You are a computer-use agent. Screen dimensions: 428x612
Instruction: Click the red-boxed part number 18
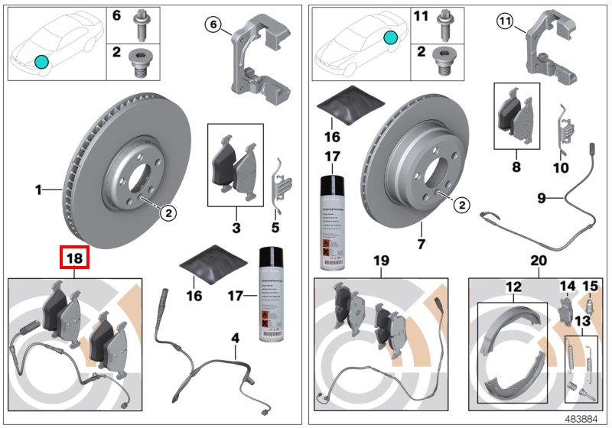pyautogui.click(x=75, y=258)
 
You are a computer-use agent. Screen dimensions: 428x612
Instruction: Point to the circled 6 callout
pyautogui.click(x=214, y=25)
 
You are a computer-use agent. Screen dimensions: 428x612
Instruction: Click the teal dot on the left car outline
pyautogui.click(x=41, y=61)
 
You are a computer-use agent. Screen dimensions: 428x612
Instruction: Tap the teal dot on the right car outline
pyautogui.click(x=391, y=37)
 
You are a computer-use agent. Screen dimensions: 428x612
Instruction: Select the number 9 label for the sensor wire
pyautogui.click(x=542, y=198)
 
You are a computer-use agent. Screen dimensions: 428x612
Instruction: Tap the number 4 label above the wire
pyautogui.click(x=236, y=337)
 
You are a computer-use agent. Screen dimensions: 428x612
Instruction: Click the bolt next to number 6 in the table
pyautogui.click(x=142, y=21)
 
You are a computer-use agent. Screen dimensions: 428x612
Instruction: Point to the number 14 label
pyautogui.click(x=567, y=287)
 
